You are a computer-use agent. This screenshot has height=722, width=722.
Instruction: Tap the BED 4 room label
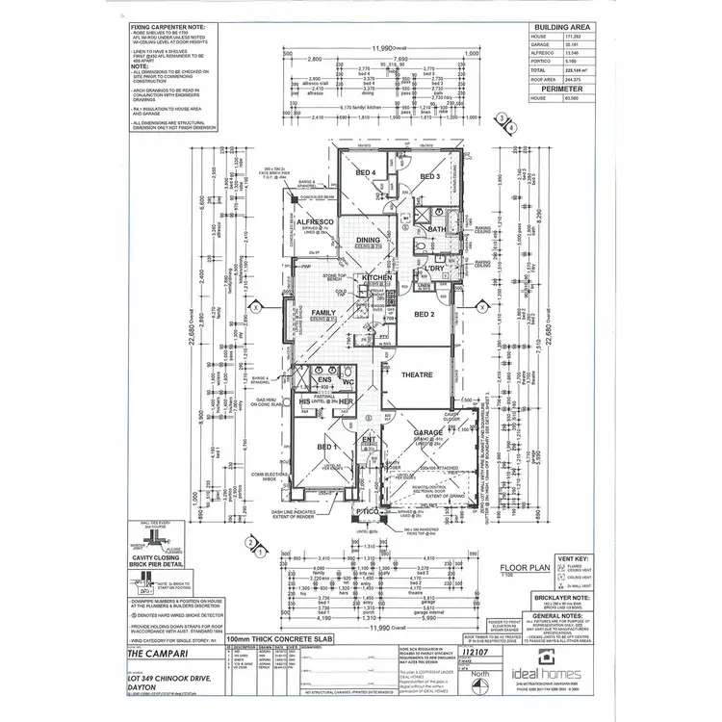tap(365, 172)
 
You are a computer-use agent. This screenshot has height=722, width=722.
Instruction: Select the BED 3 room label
tap(428, 177)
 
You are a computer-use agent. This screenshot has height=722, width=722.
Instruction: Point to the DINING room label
tap(369, 241)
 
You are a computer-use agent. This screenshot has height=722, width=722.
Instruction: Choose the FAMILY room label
tap(322, 313)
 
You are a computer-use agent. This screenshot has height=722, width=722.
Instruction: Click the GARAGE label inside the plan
tap(426, 434)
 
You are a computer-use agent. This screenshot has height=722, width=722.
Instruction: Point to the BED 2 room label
tap(425, 314)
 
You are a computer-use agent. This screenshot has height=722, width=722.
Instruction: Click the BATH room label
tap(436, 229)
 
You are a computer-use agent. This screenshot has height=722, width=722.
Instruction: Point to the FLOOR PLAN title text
tap(522, 568)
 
